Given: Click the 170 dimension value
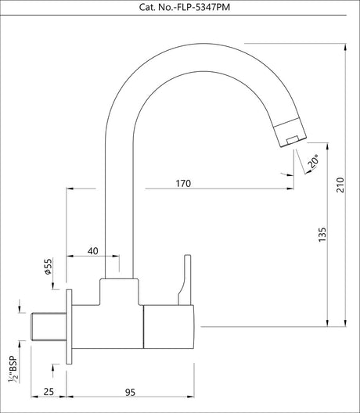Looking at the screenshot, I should (183, 184).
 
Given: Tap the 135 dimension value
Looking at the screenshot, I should (323, 235).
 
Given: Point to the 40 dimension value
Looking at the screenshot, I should (92, 251).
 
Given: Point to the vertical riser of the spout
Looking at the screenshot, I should (122, 196).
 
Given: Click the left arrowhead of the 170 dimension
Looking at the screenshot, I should (73, 189).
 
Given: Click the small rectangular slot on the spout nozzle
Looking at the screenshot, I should (291, 138).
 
